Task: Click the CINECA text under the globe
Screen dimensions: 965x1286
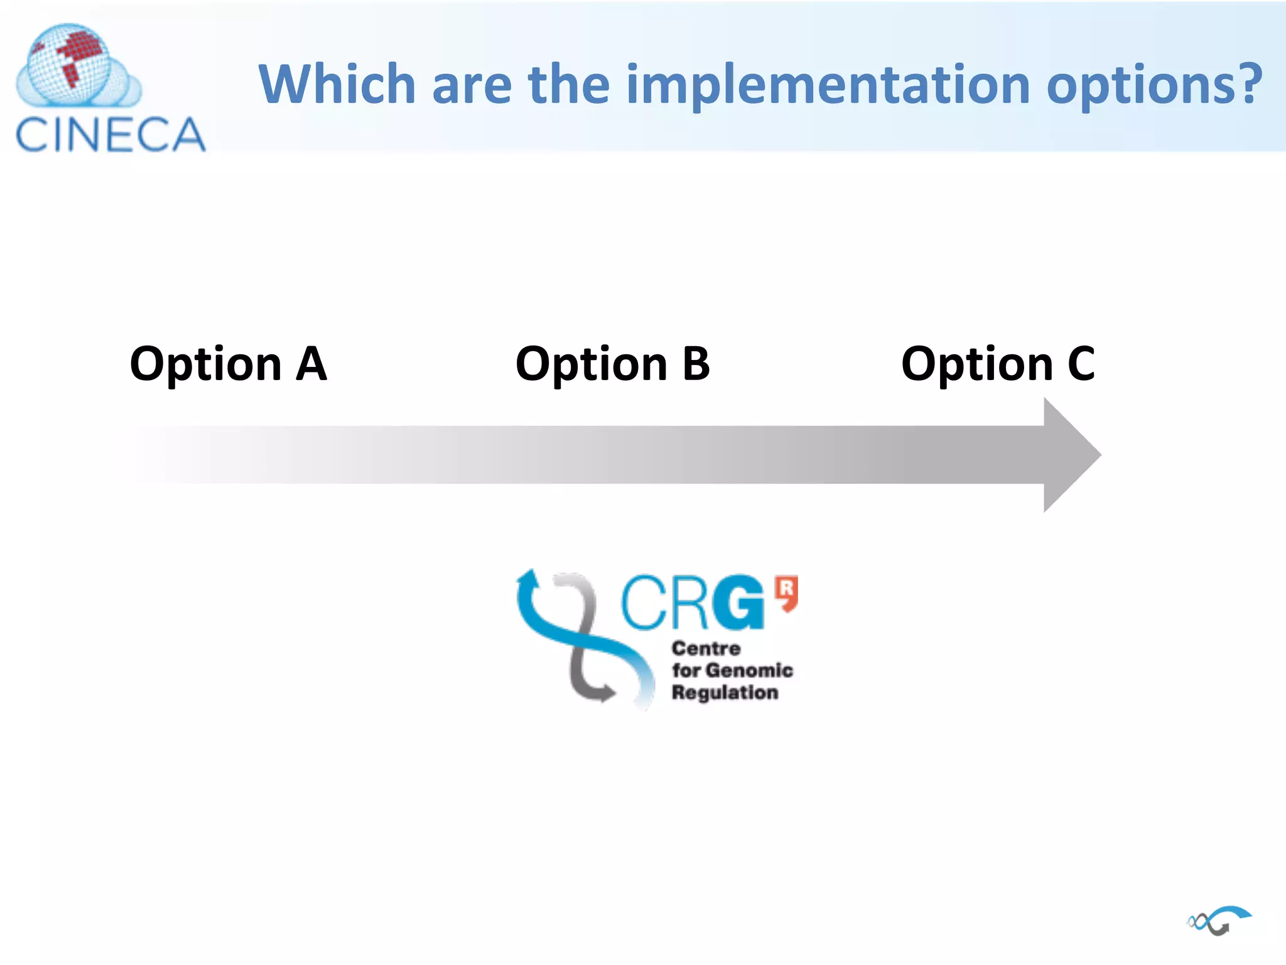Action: point(111,134)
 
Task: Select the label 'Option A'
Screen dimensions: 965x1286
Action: point(228,364)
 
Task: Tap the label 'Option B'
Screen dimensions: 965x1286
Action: point(612,364)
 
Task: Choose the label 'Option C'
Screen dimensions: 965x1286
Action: point(998,364)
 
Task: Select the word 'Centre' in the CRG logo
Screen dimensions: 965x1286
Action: point(706,648)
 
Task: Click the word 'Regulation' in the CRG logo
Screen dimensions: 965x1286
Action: point(725,692)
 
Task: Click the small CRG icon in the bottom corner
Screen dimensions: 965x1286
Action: point(1219,920)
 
